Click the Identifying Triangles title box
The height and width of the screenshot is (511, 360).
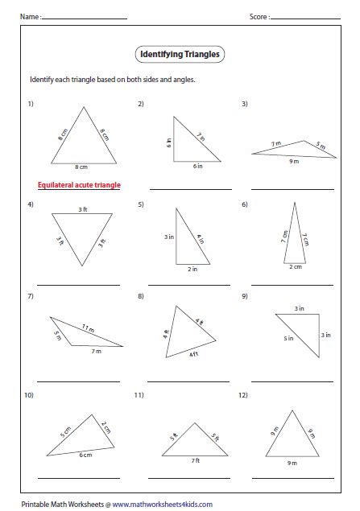[179, 55]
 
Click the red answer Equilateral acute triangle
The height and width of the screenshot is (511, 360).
[79, 185]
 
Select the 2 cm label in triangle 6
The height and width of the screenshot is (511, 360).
[296, 267]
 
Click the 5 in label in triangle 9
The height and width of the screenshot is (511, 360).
[288, 339]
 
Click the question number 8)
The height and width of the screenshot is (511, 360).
[141, 297]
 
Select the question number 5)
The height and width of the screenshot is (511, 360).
[141, 204]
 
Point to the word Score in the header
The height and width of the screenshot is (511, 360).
[258, 16]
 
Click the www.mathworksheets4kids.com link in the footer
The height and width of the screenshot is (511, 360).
[162, 505]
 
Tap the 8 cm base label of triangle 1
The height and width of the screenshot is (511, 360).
[81, 167]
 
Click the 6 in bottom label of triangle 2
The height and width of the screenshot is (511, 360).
[197, 166]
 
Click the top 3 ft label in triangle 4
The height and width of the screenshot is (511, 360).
[83, 209]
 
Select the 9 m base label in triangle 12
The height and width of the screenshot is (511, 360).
[291, 464]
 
